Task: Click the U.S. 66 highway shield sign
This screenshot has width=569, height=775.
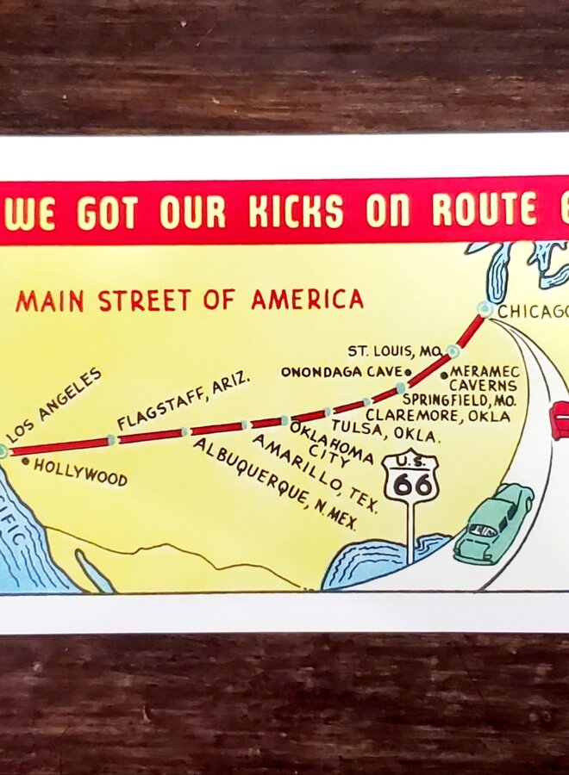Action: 410,479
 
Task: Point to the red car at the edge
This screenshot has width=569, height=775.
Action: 560,420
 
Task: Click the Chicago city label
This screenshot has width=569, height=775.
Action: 533,312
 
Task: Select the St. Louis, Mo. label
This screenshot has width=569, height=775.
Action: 396,351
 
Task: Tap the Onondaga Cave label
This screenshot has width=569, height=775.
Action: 341,372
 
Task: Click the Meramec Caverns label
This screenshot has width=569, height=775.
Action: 484,379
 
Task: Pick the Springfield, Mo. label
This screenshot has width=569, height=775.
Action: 459,400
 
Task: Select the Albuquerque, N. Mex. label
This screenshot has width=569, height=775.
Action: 274,484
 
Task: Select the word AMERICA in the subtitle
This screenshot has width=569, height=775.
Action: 307,300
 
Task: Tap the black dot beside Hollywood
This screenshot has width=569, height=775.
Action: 25,462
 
